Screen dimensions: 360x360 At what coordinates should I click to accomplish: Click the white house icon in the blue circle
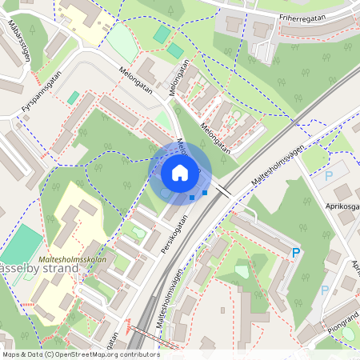click(180, 172)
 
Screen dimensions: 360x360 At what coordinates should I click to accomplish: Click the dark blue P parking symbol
click(296, 253)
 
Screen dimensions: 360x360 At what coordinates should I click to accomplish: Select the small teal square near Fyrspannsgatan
click(74, 97)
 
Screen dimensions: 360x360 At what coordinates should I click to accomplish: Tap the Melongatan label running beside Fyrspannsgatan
click(134, 78)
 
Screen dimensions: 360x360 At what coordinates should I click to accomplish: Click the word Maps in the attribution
click(11, 354)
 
